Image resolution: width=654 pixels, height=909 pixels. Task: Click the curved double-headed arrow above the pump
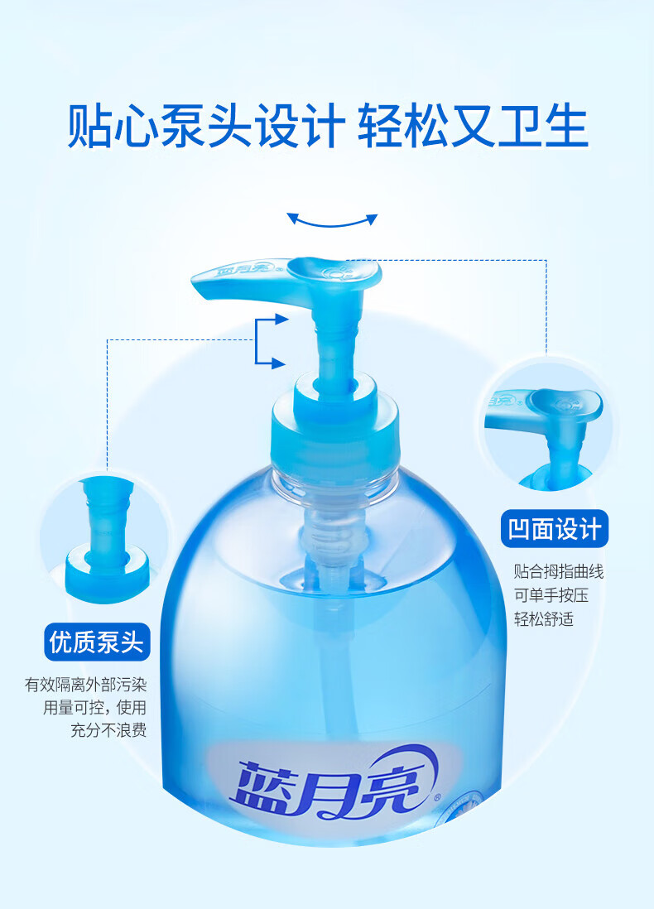pos(332,224)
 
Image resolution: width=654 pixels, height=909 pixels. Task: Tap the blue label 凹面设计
pos(555,529)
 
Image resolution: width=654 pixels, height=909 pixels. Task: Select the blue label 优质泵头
pos(97,642)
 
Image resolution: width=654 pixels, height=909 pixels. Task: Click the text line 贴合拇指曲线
pos(558,571)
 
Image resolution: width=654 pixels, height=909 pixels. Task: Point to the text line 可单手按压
pos(551,595)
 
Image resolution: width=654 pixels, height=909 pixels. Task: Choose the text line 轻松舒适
pos(543,619)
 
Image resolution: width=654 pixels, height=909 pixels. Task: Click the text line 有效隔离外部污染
pos(86,685)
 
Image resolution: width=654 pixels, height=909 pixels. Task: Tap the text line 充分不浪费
pos(108,730)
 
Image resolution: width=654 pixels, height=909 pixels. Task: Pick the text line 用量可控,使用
pos(94,707)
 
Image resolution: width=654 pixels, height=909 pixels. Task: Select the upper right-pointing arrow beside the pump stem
pos(272,319)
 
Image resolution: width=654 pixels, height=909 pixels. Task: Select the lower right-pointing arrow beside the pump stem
pos(271,363)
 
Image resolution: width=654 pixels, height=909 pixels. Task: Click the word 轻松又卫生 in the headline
pos(473,126)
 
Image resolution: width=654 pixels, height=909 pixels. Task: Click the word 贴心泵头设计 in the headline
pos(206,126)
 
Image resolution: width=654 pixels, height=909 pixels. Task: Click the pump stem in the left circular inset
pos(106,516)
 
